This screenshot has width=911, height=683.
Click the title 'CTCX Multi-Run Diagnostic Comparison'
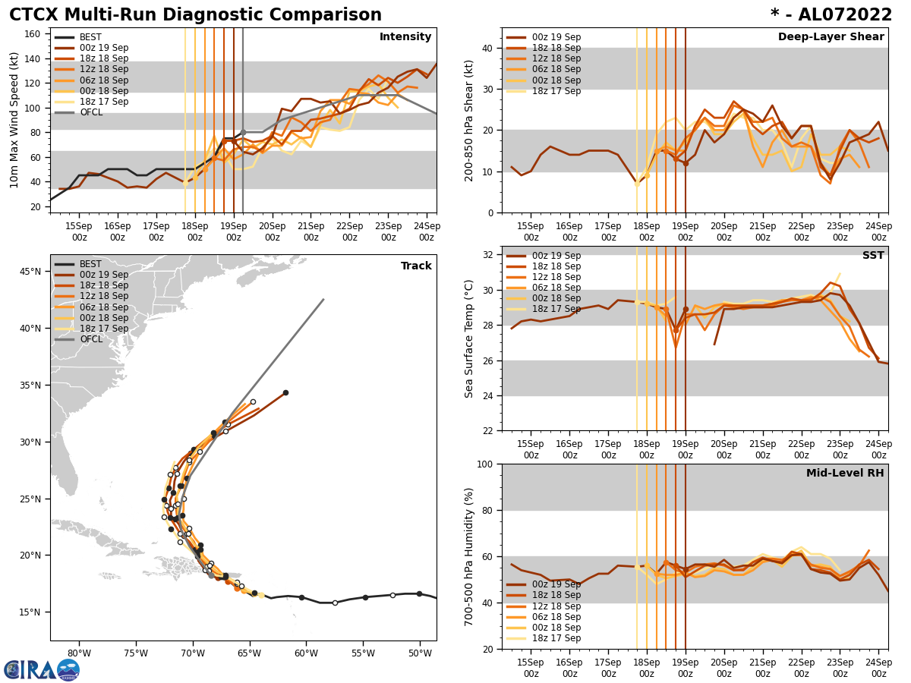coord(195,15)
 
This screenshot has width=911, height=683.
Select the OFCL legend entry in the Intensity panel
coord(91,112)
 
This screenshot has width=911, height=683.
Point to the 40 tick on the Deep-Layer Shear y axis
coord(487,49)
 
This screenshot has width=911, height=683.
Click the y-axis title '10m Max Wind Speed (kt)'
coord(14,120)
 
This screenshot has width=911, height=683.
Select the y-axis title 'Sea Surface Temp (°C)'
coord(469,338)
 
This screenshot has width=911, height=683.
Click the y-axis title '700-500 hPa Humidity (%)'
coord(469,557)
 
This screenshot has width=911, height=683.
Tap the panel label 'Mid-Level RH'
coord(845,474)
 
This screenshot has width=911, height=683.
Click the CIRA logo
coord(42,670)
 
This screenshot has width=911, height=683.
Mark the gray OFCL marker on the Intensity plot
coord(243,132)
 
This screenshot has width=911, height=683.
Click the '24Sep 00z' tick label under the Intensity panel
coord(427,231)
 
